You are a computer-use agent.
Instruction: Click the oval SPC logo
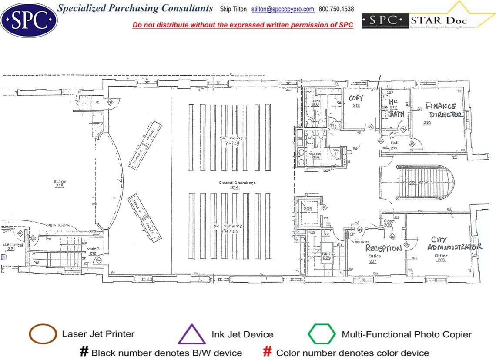pos(29,19)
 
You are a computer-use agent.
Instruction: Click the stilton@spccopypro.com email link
pos(283,9)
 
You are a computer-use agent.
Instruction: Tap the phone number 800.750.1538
pos(336,9)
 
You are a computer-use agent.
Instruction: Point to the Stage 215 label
pos(60,184)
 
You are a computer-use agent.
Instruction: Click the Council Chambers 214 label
pos(237,185)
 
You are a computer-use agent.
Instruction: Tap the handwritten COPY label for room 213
pos(356,101)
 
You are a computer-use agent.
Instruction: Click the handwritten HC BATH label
pos(395,108)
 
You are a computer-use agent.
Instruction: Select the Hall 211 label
pos(394,145)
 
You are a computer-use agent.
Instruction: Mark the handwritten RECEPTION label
pos(383,248)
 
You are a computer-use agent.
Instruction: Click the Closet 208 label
pos(389,223)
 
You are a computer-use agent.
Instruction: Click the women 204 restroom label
pos(315,156)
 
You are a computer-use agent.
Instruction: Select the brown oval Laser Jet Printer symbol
pos(42,334)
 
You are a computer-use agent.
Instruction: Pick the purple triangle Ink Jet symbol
pos(191,335)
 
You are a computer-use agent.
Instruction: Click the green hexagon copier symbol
pos(322,334)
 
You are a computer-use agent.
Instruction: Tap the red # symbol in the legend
pos(268,352)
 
